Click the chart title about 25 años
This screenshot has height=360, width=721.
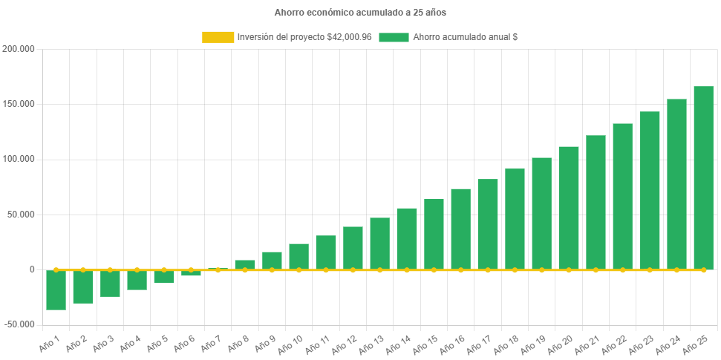(360, 13)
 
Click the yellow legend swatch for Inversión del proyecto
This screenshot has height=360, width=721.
(217, 37)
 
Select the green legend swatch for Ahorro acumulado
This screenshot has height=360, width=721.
(394, 37)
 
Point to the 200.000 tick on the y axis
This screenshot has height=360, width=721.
(19, 49)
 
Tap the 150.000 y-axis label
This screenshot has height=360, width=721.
(19, 104)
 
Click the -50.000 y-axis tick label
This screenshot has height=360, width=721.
(19, 324)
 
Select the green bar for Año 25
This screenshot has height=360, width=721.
(703, 178)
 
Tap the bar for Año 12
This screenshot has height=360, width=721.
(353, 248)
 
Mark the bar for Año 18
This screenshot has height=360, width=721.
(515, 219)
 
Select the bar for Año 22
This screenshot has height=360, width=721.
(622, 197)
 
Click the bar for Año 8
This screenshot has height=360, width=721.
(245, 264)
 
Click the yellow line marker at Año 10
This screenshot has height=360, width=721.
(299, 270)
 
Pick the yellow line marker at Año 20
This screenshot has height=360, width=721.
(569, 270)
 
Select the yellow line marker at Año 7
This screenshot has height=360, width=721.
(218, 270)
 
